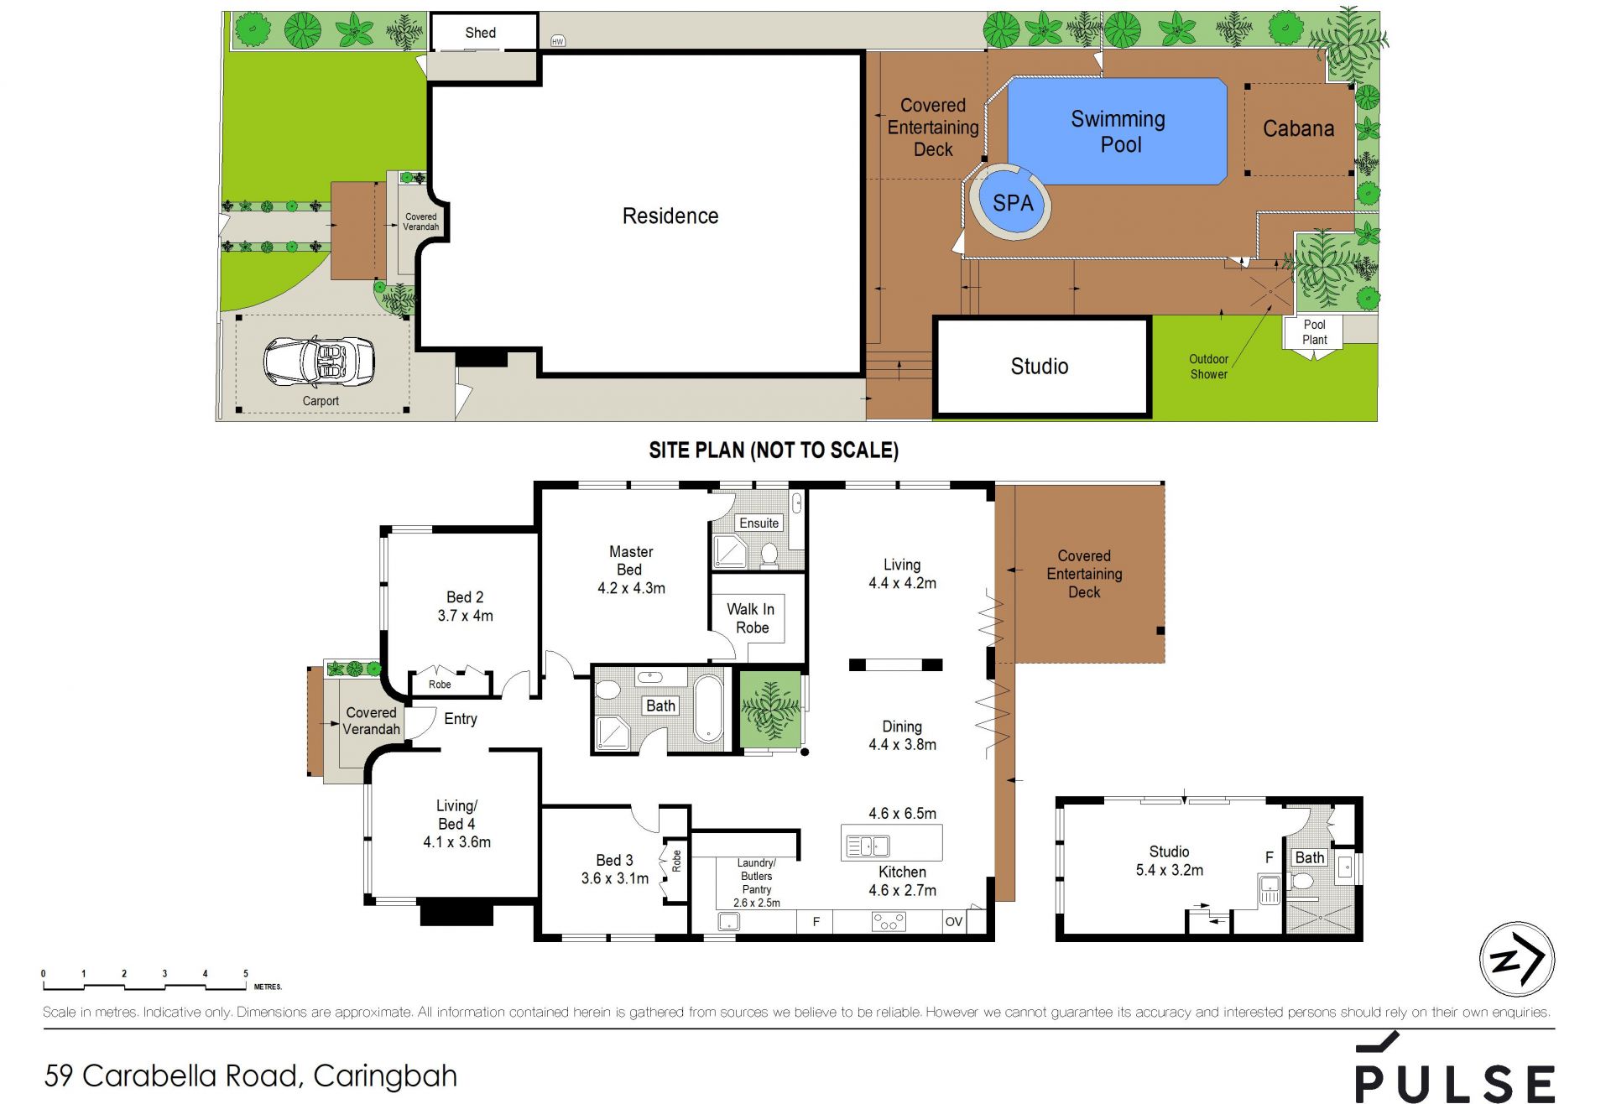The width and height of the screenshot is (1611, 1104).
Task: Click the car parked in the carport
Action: click(319, 362)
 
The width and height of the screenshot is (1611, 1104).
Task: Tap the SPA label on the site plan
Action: click(1013, 203)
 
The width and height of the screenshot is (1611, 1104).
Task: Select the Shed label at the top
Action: click(481, 33)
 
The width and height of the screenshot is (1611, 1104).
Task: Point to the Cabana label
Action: click(1298, 128)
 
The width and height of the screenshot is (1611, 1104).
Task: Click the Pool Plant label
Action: click(1315, 332)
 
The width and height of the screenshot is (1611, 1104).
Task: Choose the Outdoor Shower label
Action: click(1208, 367)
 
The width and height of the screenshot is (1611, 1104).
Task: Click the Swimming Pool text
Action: click(1119, 132)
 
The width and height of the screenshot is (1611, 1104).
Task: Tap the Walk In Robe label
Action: click(751, 618)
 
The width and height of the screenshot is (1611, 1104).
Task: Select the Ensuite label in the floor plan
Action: click(759, 523)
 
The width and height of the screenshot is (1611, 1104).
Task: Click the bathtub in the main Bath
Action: click(708, 709)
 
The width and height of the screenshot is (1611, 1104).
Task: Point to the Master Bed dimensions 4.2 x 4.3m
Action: click(631, 588)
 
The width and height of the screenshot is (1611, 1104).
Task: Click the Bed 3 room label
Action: click(615, 860)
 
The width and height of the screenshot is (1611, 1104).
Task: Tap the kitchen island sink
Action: click(868, 846)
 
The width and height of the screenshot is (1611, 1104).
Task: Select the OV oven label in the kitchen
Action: click(954, 921)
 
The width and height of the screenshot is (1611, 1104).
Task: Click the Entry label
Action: click(461, 719)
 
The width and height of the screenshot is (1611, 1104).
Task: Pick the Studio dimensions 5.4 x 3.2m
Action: click(1170, 870)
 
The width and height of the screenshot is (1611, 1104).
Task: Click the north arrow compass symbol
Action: click(1517, 959)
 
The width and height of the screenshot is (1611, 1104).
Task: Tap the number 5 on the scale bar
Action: click(246, 974)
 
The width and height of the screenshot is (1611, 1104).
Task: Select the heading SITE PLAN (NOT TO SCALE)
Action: click(774, 450)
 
